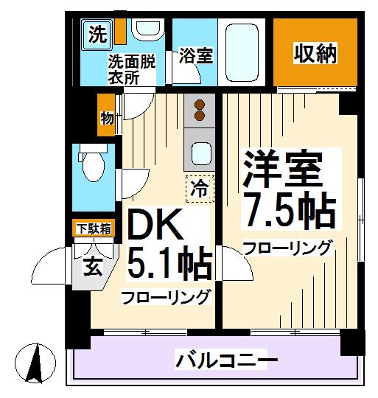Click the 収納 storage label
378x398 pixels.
[316, 54]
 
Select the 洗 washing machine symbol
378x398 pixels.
[96, 34]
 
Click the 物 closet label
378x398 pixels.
[107, 117]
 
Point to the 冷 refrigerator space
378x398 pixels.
[199, 188]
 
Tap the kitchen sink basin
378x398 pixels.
[199, 153]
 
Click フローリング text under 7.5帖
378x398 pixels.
[287, 248]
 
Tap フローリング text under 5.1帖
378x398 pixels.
[167, 298]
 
